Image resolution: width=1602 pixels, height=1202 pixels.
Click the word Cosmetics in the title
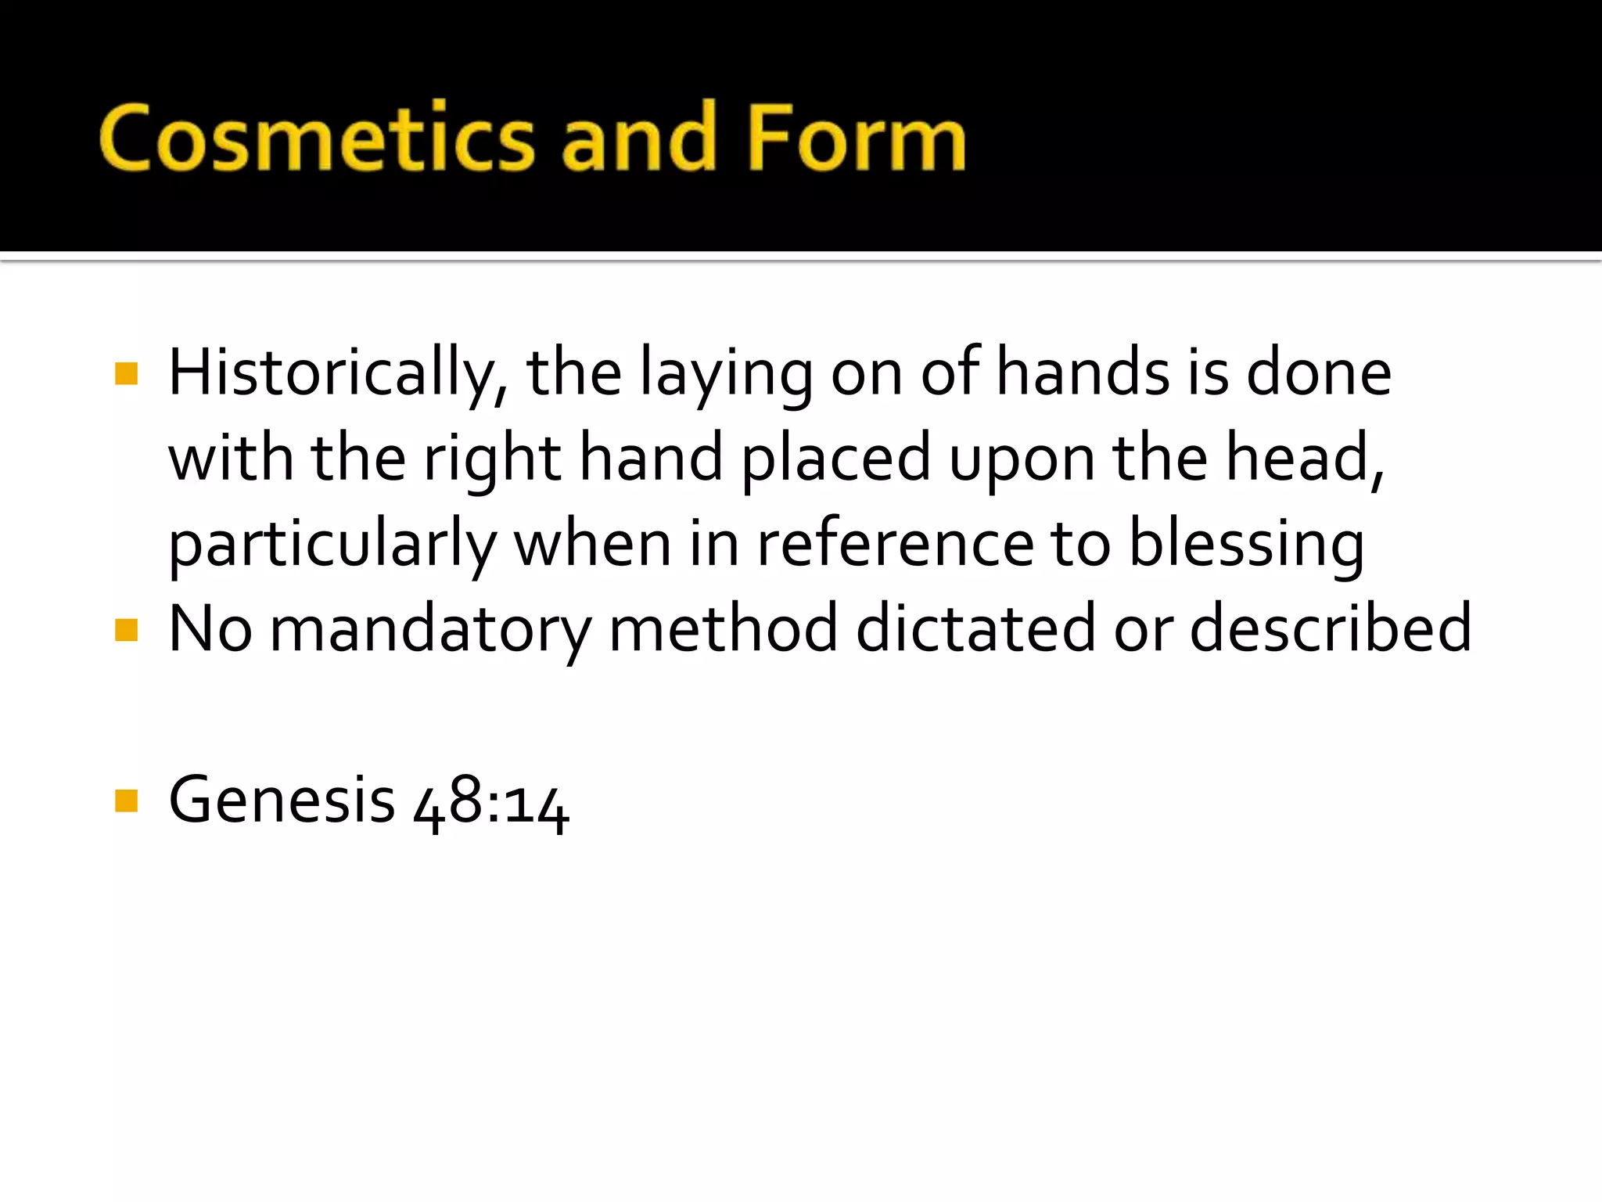(317, 138)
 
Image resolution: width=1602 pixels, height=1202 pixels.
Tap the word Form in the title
(857, 138)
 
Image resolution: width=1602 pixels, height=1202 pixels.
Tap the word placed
(835, 459)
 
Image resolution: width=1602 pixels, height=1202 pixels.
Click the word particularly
(332, 545)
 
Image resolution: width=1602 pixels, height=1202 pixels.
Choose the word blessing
(1247, 545)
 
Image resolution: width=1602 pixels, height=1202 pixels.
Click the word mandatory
(430, 629)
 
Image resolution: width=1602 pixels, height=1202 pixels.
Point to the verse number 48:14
(490, 803)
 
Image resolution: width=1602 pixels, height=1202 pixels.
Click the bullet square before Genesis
(126, 801)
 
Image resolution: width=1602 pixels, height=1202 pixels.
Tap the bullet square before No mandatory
(126, 629)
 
